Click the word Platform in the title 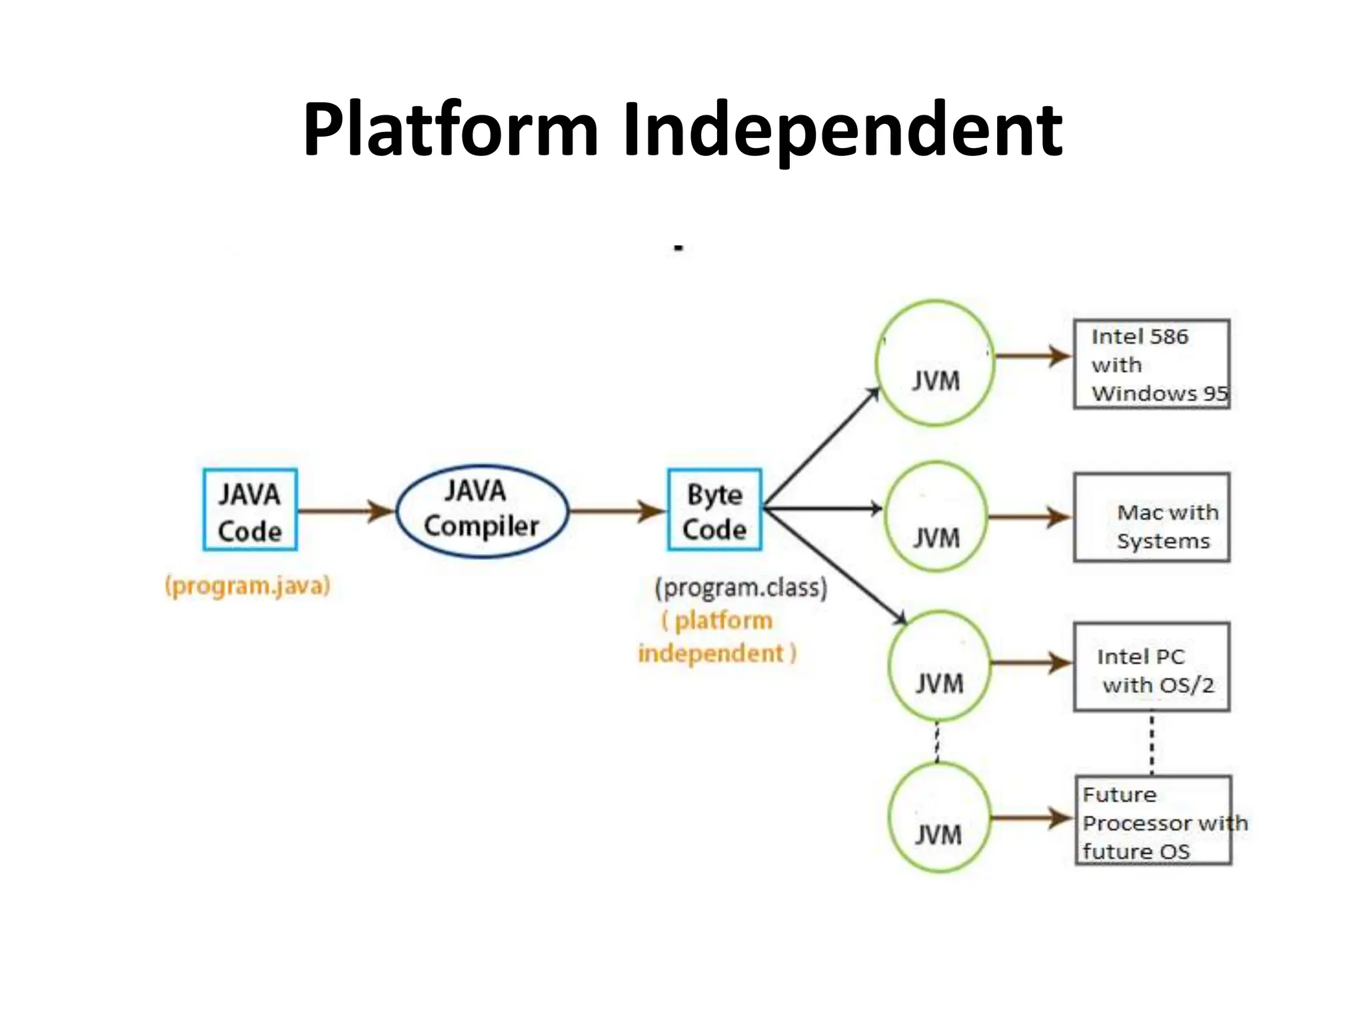451,130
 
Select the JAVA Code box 250,510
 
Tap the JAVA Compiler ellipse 482,511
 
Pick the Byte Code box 714,510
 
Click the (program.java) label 248,586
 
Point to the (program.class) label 740,587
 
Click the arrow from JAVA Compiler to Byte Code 617,511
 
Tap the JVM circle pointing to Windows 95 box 935,363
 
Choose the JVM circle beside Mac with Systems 936,517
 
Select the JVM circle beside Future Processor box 938,818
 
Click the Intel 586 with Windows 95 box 1151,364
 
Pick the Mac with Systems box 1151,517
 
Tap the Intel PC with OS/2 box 1151,667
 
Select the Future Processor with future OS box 1153,821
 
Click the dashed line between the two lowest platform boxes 1152,743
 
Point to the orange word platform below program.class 723,621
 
